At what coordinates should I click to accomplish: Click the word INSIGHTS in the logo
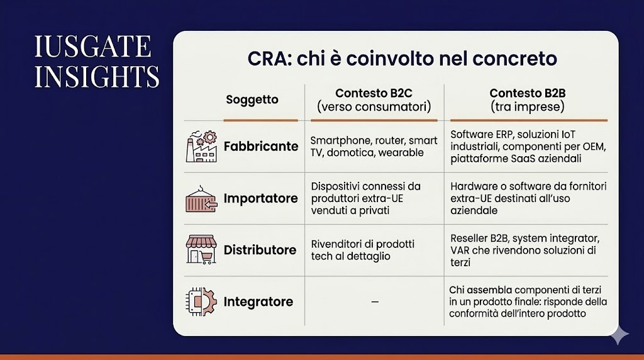pos(97,76)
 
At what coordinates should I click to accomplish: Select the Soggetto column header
pos(252,99)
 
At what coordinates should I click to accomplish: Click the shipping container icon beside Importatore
pos(201,198)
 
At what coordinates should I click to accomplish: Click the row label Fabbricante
pos(260,146)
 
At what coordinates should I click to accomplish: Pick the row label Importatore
pos(260,198)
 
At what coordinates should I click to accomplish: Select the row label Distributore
pos(260,250)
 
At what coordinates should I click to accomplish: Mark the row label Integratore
pos(258,302)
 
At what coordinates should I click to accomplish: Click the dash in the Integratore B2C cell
pos(375,302)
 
